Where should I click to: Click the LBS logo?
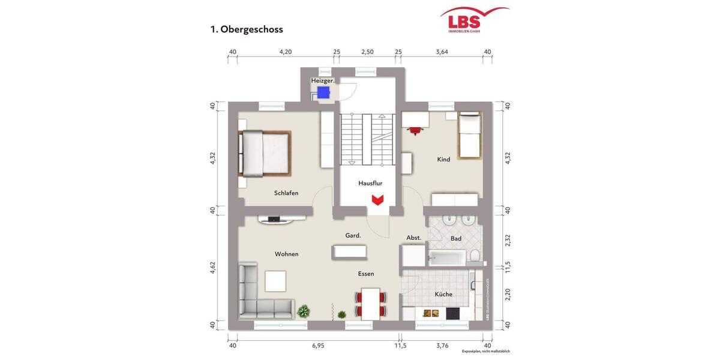(x=473, y=20)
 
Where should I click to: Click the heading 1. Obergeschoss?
(x=247, y=29)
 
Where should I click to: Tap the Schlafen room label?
(x=286, y=193)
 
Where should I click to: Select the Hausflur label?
(x=370, y=184)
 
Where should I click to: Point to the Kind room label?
(x=443, y=160)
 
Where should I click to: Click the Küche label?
(x=443, y=295)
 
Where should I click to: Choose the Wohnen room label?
(x=286, y=254)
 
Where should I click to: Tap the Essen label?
(x=366, y=274)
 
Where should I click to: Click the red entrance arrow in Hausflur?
(x=377, y=200)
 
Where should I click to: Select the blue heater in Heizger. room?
(x=323, y=92)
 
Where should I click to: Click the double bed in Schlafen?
(x=266, y=153)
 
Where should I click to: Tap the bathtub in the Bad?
(x=447, y=259)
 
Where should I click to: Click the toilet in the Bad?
(x=475, y=257)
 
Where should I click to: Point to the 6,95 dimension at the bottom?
(x=318, y=346)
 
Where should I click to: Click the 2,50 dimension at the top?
(x=367, y=52)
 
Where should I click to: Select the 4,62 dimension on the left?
(x=212, y=268)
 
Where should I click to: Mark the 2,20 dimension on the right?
(x=508, y=295)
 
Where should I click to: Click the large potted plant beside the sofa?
(x=304, y=311)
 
